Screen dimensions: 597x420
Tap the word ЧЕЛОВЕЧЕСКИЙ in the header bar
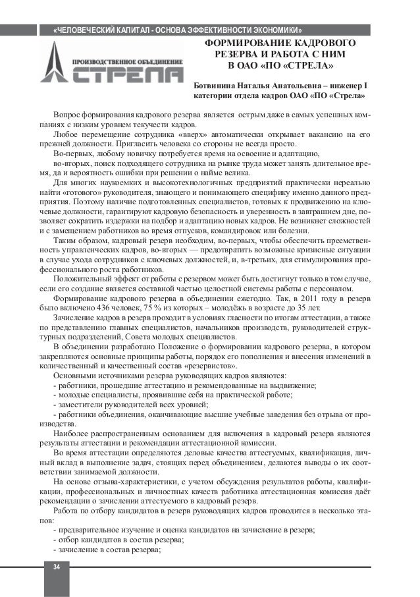pyautogui.click(x=95, y=31)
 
